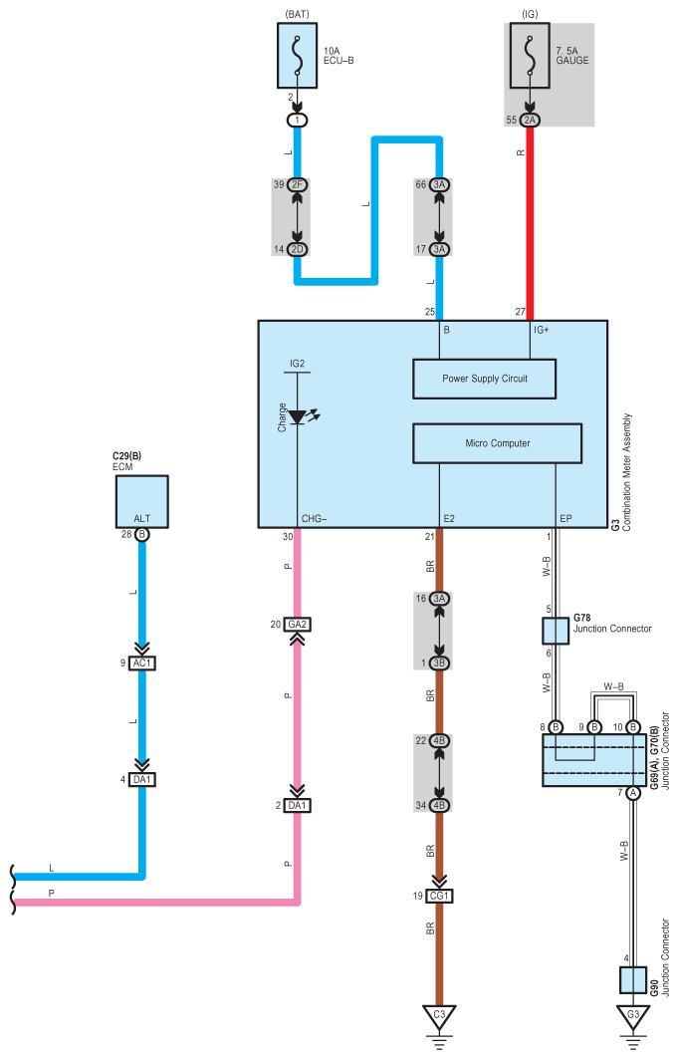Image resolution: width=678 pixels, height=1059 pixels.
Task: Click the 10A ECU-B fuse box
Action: (x=297, y=56)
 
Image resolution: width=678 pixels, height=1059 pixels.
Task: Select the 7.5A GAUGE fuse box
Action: (x=530, y=56)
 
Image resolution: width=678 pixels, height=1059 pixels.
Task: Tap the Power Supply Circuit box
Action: (x=485, y=379)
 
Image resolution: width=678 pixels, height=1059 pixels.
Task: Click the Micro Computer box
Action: (x=497, y=443)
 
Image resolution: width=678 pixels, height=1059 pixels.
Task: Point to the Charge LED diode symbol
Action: (x=298, y=417)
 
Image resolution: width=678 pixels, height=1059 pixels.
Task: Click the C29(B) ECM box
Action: (x=141, y=502)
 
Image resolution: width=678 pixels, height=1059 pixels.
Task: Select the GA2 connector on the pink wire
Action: (x=298, y=625)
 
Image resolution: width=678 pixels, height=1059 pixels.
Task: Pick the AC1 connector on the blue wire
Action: (x=142, y=663)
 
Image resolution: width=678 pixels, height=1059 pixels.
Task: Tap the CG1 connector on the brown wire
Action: (x=439, y=896)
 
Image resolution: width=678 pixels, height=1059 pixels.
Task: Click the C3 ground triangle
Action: (x=439, y=1016)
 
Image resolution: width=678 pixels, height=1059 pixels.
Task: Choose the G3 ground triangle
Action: (x=633, y=1016)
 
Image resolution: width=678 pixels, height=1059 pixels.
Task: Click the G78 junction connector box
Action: (x=556, y=631)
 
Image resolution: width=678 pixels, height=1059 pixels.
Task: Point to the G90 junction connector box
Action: (x=633, y=980)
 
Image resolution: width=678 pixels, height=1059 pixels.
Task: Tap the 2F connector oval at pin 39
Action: (x=298, y=184)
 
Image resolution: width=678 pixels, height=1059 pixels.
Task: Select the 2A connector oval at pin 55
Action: (x=530, y=121)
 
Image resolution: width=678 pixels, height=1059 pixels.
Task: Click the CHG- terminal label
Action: (x=314, y=519)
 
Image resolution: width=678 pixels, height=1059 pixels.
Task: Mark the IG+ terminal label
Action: (x=541, y=330)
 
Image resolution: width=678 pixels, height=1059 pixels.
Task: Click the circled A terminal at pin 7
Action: (x=633, y=793)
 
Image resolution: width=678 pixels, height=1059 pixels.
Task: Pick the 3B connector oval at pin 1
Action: (x=439, y=663)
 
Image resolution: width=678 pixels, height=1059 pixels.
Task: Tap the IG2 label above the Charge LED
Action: (x=297, y=364)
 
